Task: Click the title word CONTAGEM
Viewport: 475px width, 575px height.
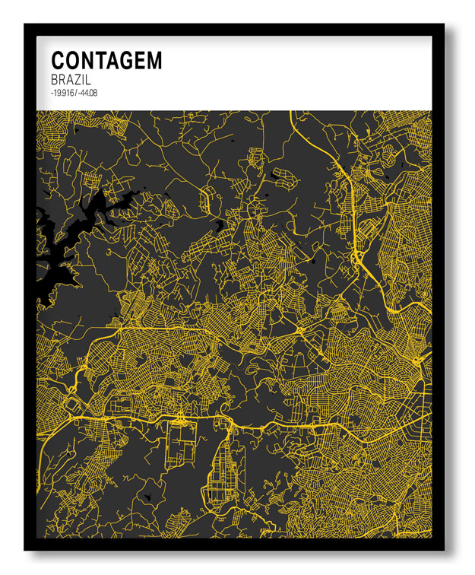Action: click(106, 61)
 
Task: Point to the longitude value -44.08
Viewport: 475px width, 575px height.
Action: click(87, 93)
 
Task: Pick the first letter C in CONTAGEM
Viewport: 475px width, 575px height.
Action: click(58, 61)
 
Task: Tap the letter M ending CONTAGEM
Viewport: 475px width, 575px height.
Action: click(154, 61)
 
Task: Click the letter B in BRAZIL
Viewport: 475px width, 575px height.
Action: click(55, 79)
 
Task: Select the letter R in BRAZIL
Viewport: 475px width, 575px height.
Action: click(64, 79)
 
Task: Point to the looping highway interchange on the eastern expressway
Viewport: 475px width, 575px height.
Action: click(356, 259)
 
